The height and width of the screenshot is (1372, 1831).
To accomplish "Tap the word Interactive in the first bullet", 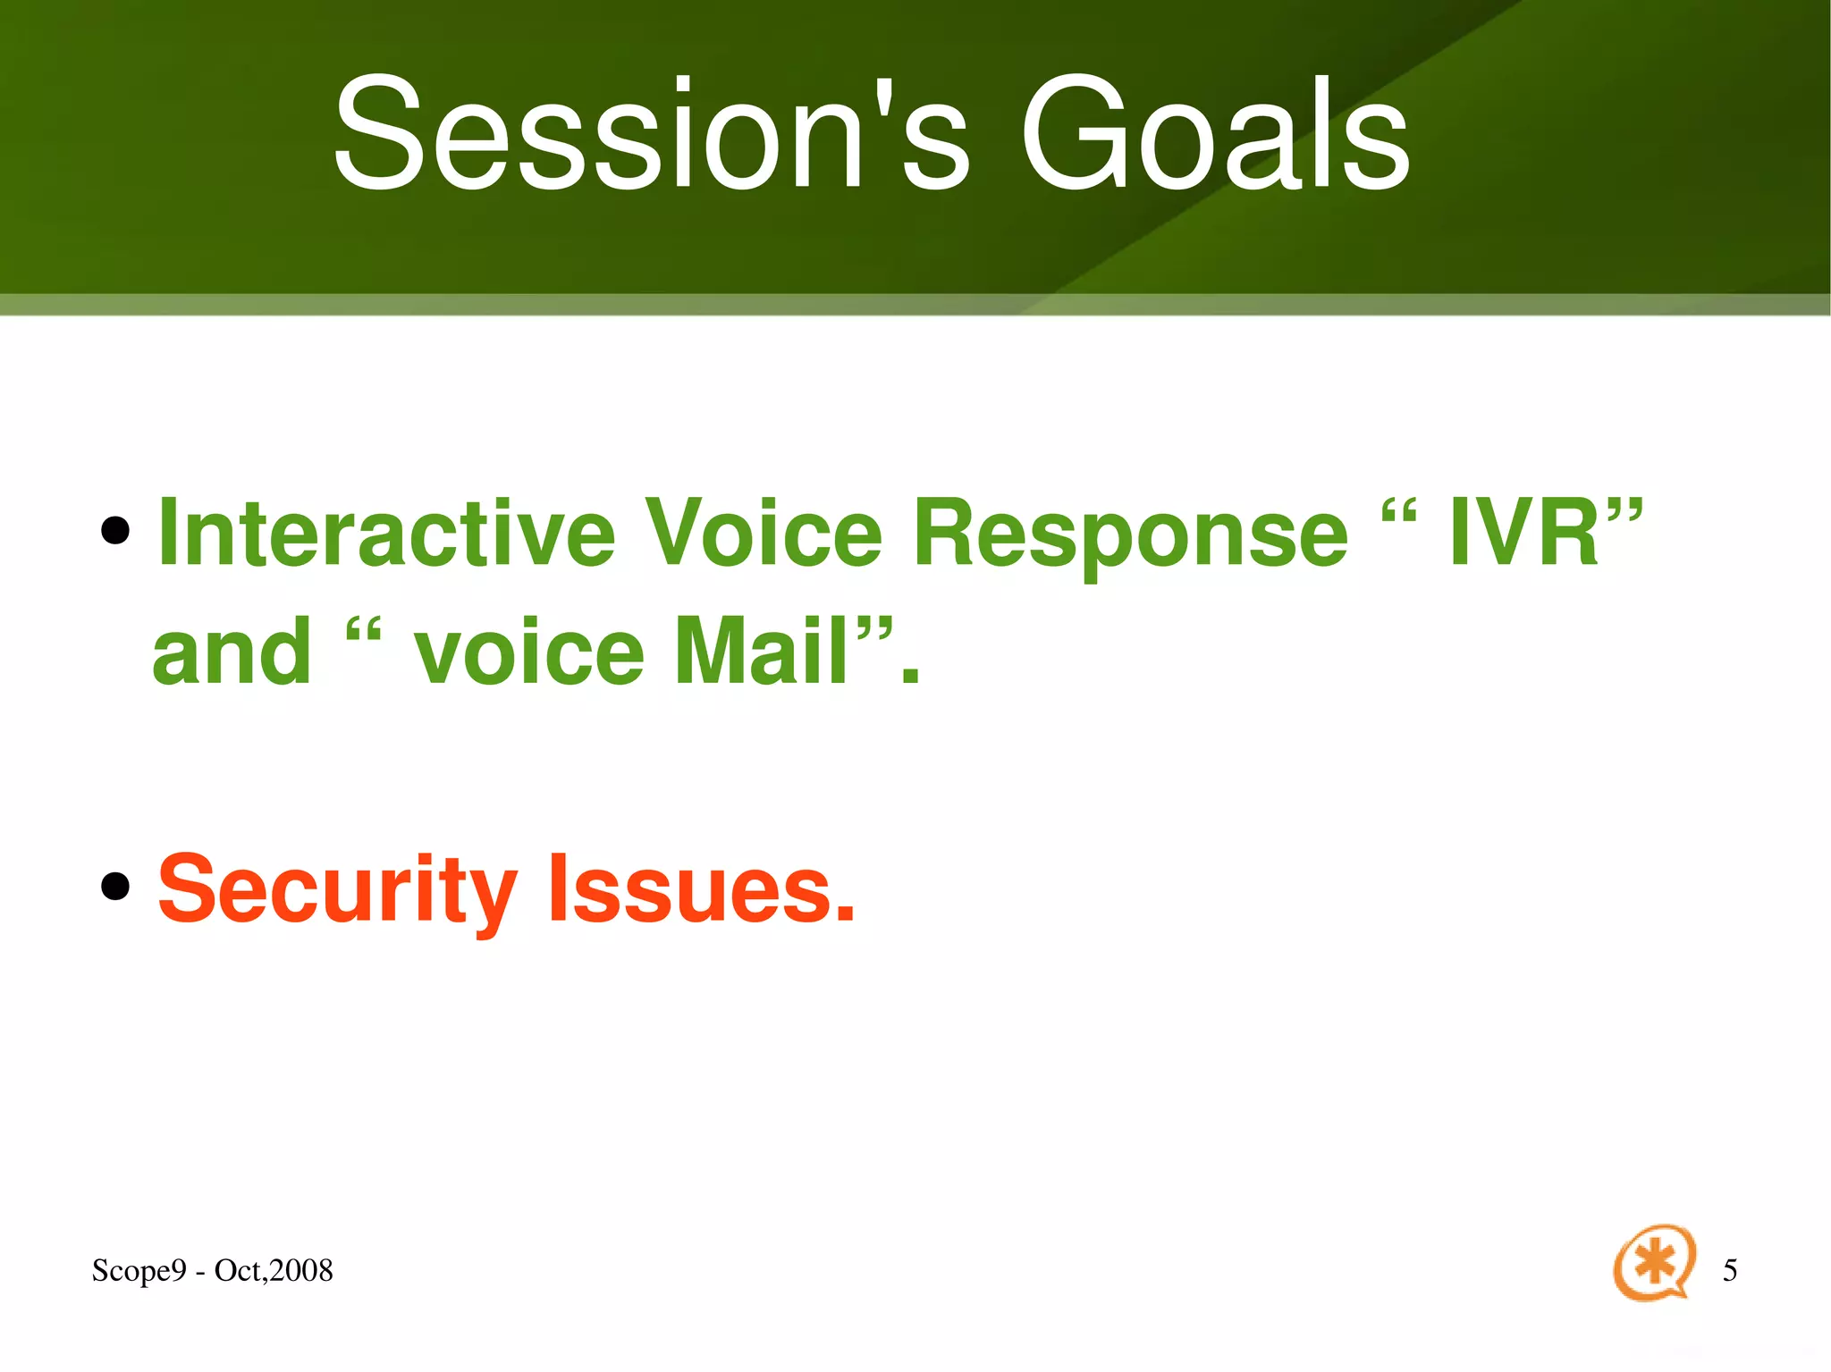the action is click(387, 533).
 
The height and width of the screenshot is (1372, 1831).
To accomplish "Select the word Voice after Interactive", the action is click(764, 533).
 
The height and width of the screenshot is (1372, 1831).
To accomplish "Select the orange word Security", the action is click(338, 890).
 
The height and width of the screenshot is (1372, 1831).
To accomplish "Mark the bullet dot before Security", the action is click(115, 887).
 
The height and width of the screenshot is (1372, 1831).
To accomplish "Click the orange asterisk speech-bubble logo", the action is click(1654, 1262).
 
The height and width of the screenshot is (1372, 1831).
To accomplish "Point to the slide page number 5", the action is click(1730, 1270).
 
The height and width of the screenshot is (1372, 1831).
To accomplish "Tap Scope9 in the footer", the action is click(139, 1271).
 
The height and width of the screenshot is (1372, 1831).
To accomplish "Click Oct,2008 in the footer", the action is click(274, 1270).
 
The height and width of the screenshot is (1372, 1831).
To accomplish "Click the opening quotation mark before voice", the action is click(362, 634).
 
